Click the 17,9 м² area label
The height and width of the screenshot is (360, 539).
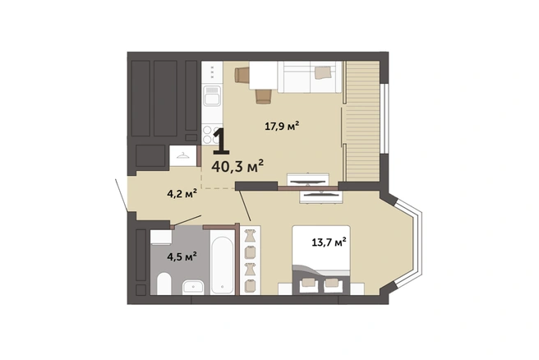(282, 126)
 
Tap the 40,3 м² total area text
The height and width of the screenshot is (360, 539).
(237, 166)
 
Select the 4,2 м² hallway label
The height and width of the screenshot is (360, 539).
(182, 194)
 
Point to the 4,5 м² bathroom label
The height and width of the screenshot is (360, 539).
(182, 256)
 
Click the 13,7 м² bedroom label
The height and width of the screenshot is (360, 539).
(329, 242)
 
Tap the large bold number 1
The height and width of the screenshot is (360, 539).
(221, 141)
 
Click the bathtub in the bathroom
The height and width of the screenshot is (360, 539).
(222, 261)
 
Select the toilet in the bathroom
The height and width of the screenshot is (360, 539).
(164, 284)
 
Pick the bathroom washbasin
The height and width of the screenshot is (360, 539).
(193, 286)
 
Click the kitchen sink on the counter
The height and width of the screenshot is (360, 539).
(212, 95)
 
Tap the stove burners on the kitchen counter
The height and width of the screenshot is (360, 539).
(210, 135)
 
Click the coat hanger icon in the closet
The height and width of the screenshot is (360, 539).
(183, 156)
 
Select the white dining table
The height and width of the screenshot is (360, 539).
(263, 75)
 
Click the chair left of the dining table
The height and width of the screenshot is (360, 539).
(242, 75)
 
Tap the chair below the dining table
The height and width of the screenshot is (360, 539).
(264, 96)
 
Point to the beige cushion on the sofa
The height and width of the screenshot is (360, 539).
(324, 72)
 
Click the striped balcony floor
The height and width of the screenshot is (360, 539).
(362, 121)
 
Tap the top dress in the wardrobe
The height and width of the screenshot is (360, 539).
(250, 236)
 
